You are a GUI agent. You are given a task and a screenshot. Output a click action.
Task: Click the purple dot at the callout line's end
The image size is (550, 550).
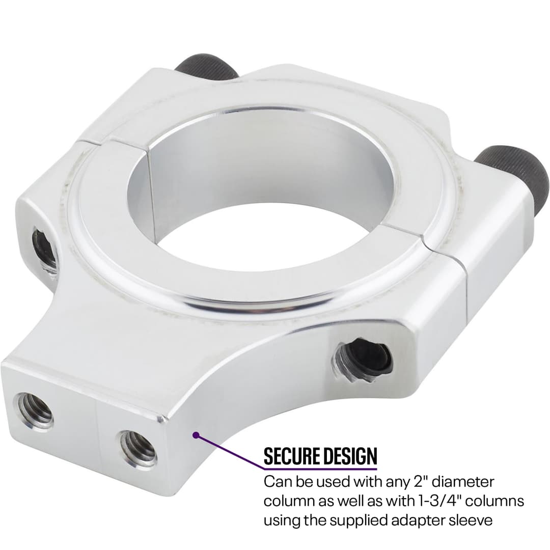click(x=195, y=434)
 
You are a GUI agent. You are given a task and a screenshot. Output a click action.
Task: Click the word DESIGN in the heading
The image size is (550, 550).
click(x=351, y=457)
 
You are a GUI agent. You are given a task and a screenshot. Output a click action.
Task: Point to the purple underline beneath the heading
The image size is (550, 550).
click(x=320, y=469)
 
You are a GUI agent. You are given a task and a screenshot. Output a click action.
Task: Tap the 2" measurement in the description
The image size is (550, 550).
click(x=393, y=482)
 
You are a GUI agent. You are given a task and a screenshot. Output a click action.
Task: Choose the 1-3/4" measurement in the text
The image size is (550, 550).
click(x=433, y=501)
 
